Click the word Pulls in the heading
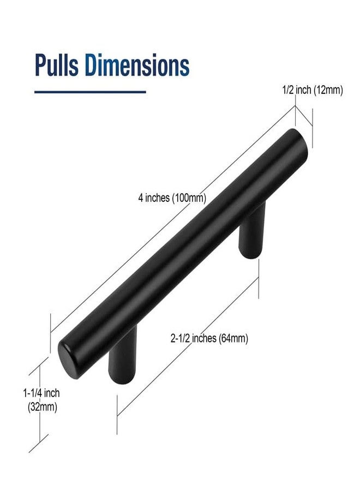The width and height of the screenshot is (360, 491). (56, 65)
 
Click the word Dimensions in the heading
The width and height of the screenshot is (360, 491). (137, 65)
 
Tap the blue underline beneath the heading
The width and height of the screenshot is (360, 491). (90, 92)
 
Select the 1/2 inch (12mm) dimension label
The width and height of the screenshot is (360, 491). (313, 90)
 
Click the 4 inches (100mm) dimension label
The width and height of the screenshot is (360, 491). (172, 198)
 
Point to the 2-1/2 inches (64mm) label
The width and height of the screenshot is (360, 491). (209, 338)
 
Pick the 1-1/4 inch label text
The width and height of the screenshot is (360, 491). (41, 393)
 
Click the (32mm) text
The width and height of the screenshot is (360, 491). (42, 407)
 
